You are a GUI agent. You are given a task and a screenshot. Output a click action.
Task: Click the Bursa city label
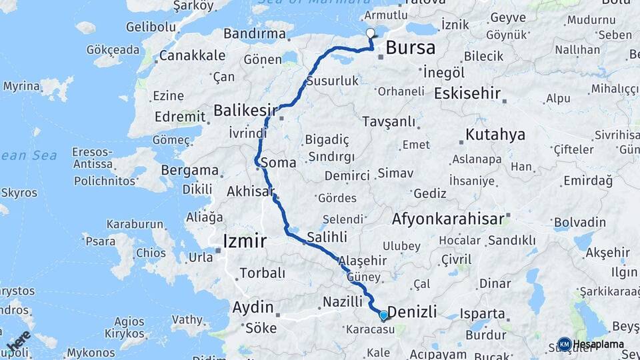coord(410,48)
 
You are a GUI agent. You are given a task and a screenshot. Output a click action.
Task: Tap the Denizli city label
coord(412,311)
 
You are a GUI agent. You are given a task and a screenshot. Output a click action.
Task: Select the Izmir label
coord(245,241)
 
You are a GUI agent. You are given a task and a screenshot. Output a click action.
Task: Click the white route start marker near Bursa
coord(371,33)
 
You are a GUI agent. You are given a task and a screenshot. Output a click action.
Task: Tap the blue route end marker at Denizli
coord(383,315)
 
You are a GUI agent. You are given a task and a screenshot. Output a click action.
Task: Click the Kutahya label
coord(495,135)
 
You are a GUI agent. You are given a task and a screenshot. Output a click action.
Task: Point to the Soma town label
coord(279,162)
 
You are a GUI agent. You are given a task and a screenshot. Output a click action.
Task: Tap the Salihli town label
coord(327,237)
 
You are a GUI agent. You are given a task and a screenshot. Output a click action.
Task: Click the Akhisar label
coord(251,191)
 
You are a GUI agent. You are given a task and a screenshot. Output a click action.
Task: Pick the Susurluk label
coord(333,81)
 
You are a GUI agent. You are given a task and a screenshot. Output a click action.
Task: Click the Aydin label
coord(253,307)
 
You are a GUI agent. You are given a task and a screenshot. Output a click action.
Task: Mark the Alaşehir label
coord(362,261)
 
